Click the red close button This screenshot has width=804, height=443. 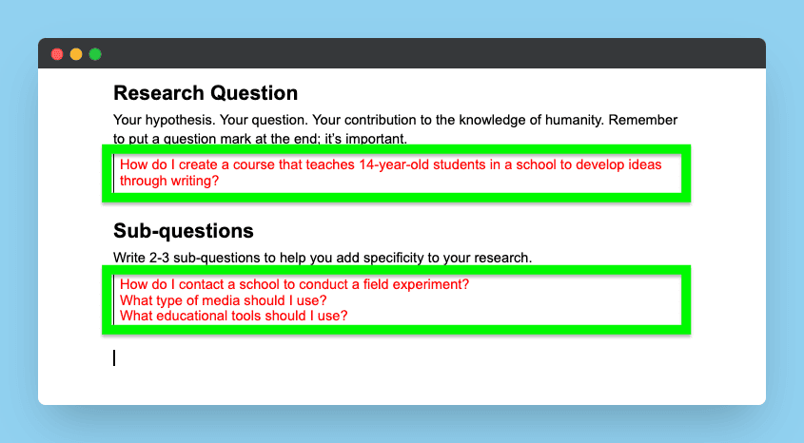point(57,54)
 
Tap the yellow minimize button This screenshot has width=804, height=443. point(76,54)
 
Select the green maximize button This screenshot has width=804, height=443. point(95,54)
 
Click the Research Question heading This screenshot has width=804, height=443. point(206,93)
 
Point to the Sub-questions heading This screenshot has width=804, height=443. point(184,231)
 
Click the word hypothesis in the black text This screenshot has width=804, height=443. point(180,121)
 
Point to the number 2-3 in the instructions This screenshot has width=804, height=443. point(159,258)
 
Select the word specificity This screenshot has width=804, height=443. point(394,259)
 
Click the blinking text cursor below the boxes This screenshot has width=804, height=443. point(114,358)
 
